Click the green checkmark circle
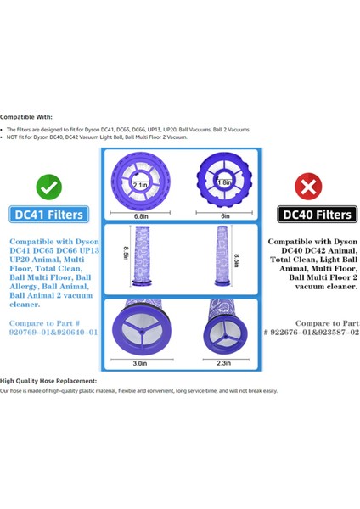48,185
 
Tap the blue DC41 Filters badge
48,215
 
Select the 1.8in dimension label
223,181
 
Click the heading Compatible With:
26,116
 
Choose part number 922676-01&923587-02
311,333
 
